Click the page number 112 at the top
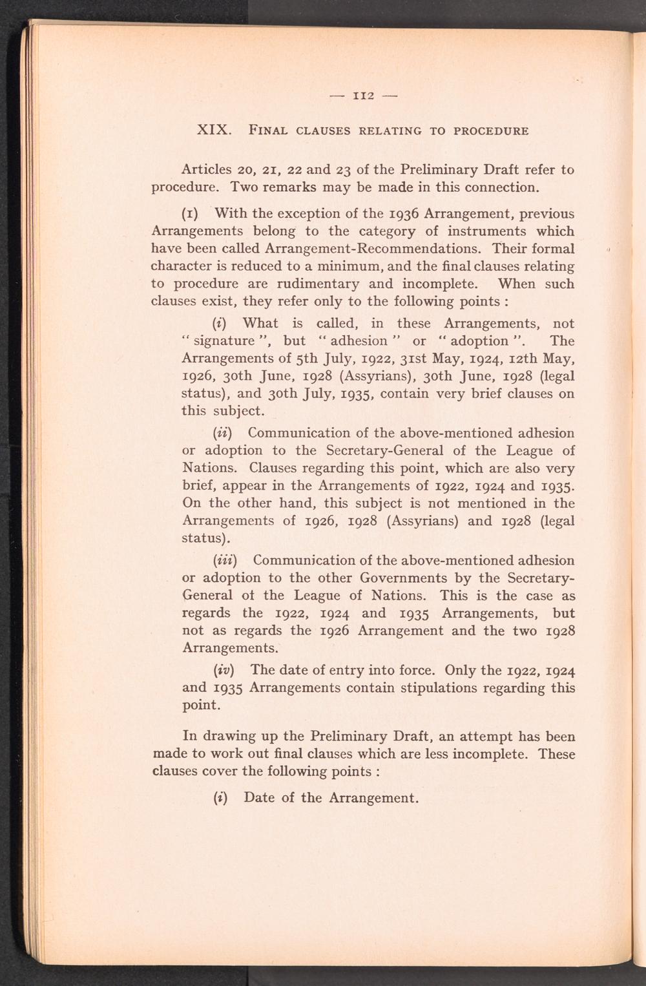coord(363,97)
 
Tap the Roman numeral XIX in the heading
coord(214,130)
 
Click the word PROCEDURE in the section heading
coord(492,131)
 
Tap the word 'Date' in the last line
coord(260,797)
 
